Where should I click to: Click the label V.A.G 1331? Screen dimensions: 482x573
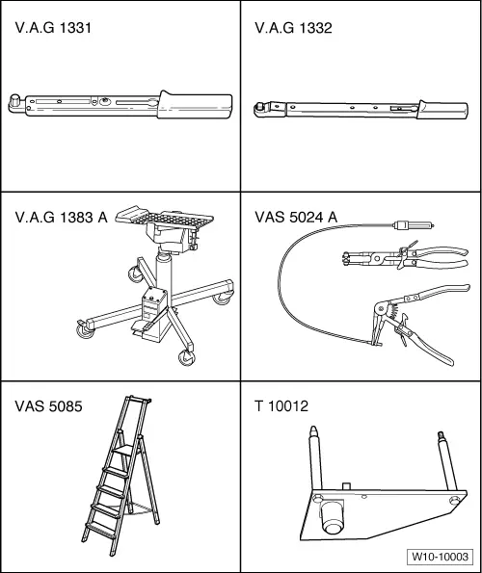[x=53, y=28]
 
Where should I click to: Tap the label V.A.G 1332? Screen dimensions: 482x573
[x=293, y=28]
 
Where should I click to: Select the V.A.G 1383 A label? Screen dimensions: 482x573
[x=61, y=217]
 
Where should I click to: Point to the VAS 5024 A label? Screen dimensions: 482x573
[x=296, y=217]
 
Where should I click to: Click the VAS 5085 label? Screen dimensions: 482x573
[x=48, y=406]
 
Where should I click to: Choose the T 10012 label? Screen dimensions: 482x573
[x=281, y=406]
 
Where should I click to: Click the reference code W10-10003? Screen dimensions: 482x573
[x=440, y=557]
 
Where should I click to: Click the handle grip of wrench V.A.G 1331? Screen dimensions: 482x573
[x=195, y=105]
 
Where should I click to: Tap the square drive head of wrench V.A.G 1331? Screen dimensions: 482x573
[x=14, y=100]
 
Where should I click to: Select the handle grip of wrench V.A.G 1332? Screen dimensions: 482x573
[x=442, y=110]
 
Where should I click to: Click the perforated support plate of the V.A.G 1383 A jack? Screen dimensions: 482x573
[x=165, y=218]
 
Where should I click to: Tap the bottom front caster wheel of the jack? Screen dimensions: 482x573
[x=186, y=357]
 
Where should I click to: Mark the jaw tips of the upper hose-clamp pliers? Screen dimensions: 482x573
[x=345, y=258]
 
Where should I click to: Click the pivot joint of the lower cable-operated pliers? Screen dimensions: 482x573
[x=382, y=309]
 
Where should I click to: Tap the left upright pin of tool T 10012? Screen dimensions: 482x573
[x=315, y=457]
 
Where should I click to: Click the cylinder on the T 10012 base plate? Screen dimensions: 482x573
[x=332, y=517]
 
